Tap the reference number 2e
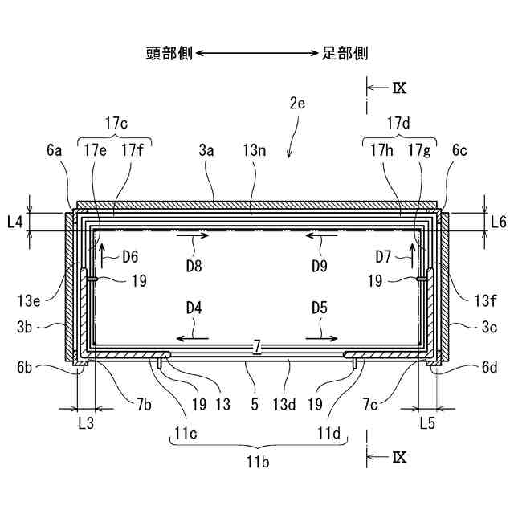(x=298, y=104)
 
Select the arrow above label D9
(x=322, y=236)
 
